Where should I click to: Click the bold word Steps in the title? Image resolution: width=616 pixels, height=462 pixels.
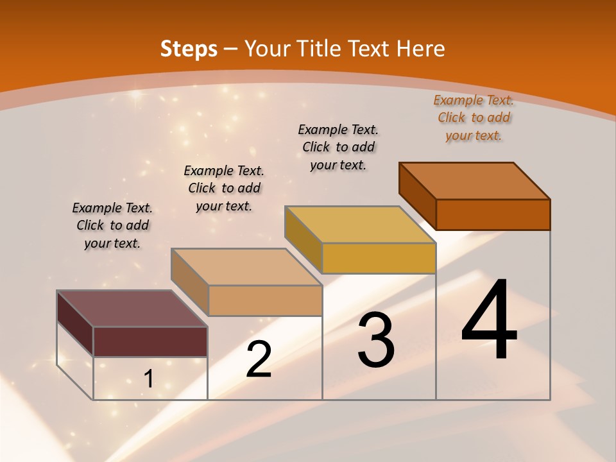coord(189,49)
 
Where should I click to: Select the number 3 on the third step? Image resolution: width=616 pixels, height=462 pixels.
coord(376,340)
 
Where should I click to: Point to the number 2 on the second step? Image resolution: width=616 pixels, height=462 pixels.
coord(259,359)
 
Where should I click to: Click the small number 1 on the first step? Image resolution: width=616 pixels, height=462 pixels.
coord(148,379)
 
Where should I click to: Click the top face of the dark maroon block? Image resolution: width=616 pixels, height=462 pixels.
coord(132,309)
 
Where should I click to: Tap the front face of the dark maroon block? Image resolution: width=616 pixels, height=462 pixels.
coord(150,341)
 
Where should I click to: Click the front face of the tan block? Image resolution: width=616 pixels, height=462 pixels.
coord(265,300)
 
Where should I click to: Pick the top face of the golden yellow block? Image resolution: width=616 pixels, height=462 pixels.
coord(360,225)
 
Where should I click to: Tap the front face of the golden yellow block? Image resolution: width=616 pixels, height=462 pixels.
coord(379,258)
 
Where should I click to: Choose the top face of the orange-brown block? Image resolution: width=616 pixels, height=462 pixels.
coord(474,181)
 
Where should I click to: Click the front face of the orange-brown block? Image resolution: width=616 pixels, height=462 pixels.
coord(493,214)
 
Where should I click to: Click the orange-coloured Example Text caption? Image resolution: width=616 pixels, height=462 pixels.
coord(474,117)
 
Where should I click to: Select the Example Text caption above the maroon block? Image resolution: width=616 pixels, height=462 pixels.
coord(112,225)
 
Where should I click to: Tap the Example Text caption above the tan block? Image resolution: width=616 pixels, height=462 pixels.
coord(224,188)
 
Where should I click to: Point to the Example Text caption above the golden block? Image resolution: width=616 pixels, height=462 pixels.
coord(338,147)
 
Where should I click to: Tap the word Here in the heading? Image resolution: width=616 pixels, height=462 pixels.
coord(420,49)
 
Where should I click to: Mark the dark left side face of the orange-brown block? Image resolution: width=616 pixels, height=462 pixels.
coord(417,196)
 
